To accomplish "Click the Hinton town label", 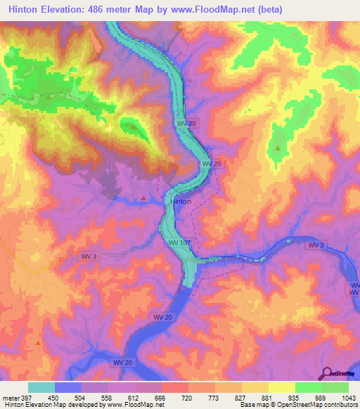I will (x=181, y=201).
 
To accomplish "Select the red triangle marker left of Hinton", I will (x=144, y=198).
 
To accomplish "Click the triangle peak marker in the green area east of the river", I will (x=278, y=148).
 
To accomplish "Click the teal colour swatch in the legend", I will (x=41, y=388).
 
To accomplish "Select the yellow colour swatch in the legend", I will (x=281, y=388).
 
